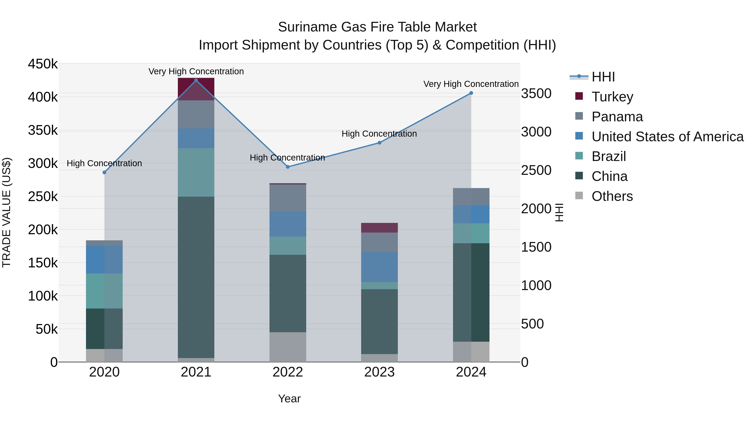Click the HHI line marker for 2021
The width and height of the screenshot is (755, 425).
click(196, 80)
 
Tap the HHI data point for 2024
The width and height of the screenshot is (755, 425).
click(471, 93)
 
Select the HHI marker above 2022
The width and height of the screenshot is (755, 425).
click(288, 167)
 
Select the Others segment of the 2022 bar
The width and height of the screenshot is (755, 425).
click(288, 347)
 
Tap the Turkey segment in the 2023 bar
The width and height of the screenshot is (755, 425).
click(379, 228)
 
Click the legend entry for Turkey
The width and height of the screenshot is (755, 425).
click(612, 97)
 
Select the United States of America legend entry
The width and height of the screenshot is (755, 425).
click(667, 137)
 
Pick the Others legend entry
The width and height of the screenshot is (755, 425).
click(612, 196)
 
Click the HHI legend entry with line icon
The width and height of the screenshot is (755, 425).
click(603, 77)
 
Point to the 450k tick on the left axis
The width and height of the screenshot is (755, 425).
click(43, 64)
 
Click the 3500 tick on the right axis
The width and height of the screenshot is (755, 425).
click(536, 94)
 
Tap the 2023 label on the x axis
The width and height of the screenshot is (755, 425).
click(379, 372)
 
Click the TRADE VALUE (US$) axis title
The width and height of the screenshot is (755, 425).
click(7, 212)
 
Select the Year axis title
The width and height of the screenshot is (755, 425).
click(289, 399)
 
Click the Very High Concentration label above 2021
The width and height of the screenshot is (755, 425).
click(196, 71)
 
